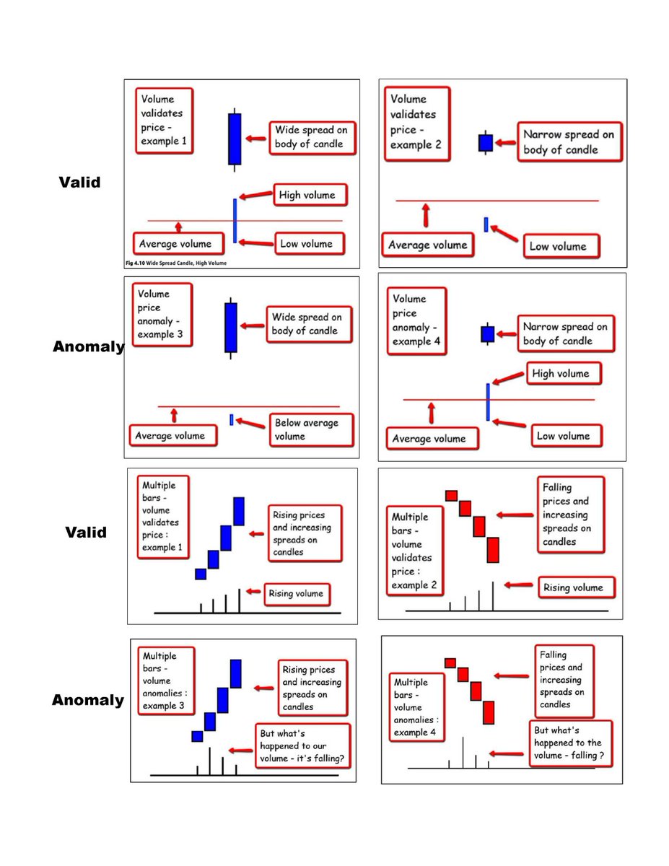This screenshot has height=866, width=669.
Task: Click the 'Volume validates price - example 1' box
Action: (x=164, y=121)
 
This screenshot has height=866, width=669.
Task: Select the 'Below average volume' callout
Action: (x=311, y=429)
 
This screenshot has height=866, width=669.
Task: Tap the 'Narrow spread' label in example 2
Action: (x=569, y=142)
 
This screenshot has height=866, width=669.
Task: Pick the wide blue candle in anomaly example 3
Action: (x=231, y=327)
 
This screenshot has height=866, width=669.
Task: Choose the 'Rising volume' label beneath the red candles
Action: (x=573, y=587)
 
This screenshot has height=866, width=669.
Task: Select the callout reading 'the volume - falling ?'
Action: (x=569, y=743)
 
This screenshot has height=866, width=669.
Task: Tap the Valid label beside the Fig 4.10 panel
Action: (x=79, y=183)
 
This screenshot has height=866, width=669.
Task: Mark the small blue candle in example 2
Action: (x=485, y=143)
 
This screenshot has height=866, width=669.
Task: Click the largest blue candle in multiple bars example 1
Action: (x=239, y=511)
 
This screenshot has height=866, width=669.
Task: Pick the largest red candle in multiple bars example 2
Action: (x=493, y=549)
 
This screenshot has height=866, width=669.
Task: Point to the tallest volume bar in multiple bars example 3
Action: (x=209, y=761)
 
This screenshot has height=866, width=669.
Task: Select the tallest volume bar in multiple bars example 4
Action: (x=463, y=752)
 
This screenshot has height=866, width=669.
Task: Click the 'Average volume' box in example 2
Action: (x=427, y=245)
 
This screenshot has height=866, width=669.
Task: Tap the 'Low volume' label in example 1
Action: (x=306, y=244)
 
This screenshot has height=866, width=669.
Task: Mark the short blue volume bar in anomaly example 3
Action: (x=231, y=420)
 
